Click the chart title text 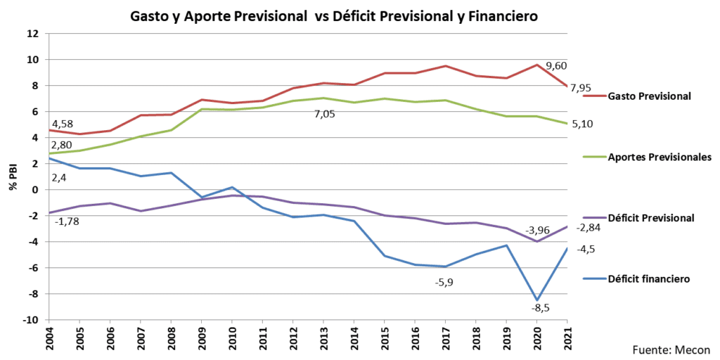(334, 16)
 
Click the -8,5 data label (539, 308)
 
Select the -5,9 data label (445, 281)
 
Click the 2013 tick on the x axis (324, 336)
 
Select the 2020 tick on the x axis (537, 336)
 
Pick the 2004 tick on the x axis (49, 336)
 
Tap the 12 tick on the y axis (33, 33)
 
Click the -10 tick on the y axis (31, 320)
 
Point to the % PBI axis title (12, 176)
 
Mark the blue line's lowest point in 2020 (538, 300)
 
